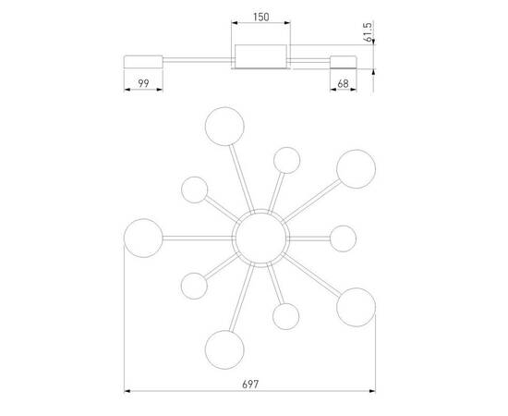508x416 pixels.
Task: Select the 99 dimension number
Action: (x=143, y=84)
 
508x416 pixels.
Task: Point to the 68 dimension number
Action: (x=344, y=84)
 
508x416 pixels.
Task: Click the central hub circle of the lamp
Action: (x=260, y=237)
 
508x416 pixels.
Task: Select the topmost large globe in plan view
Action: (x=224, y=126)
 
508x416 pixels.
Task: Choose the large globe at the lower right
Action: (x=356, y=307)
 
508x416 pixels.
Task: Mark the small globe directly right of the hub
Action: (x=343, y=238)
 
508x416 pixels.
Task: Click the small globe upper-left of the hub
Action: (x=195, y=190)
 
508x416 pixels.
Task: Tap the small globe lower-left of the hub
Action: (x=195, y=285)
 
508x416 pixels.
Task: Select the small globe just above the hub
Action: (x=286, y=159)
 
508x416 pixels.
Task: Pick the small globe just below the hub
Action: (x=285, y=316)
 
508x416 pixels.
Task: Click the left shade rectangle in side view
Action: (x=143, y=61)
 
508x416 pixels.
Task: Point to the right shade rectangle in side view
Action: (x=344, y=61)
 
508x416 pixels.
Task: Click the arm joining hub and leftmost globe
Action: (x=199, y=237)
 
